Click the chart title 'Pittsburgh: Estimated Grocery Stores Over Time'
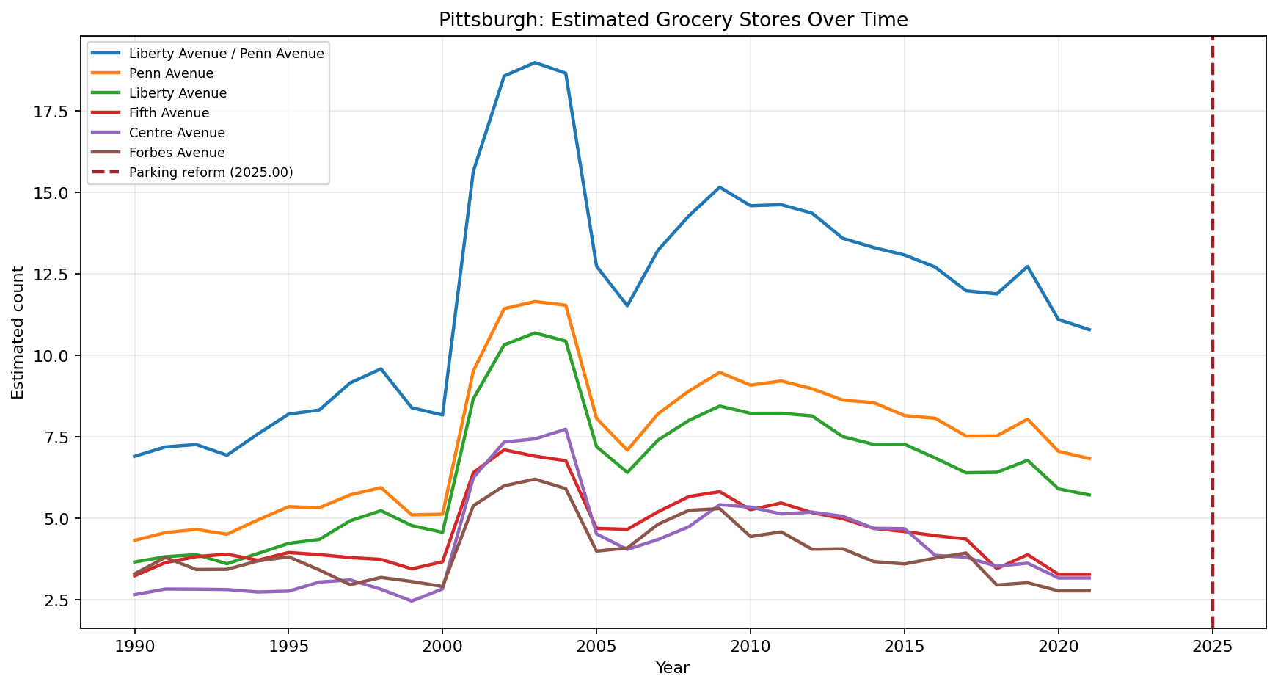[673, 20]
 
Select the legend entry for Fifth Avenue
[169, 113]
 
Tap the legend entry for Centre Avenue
[176, 133]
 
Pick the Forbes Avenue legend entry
[176, 153]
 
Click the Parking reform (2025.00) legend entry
[211, 172]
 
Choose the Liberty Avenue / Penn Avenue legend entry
[226, 54]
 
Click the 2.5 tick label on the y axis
[59, 600]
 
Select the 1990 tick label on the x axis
[134, 645]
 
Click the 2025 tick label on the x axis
[1212, 645]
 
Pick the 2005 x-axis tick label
[596, 645]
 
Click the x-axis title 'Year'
[673, 668]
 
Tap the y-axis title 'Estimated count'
[18, 332]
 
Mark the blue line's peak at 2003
[535, 62]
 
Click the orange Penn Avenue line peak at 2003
[535, 302]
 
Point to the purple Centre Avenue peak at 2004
[566, 429]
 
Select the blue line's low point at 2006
[627, 305]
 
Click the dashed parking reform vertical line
[1212, 367]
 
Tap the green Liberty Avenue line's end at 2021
[1089, 495]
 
